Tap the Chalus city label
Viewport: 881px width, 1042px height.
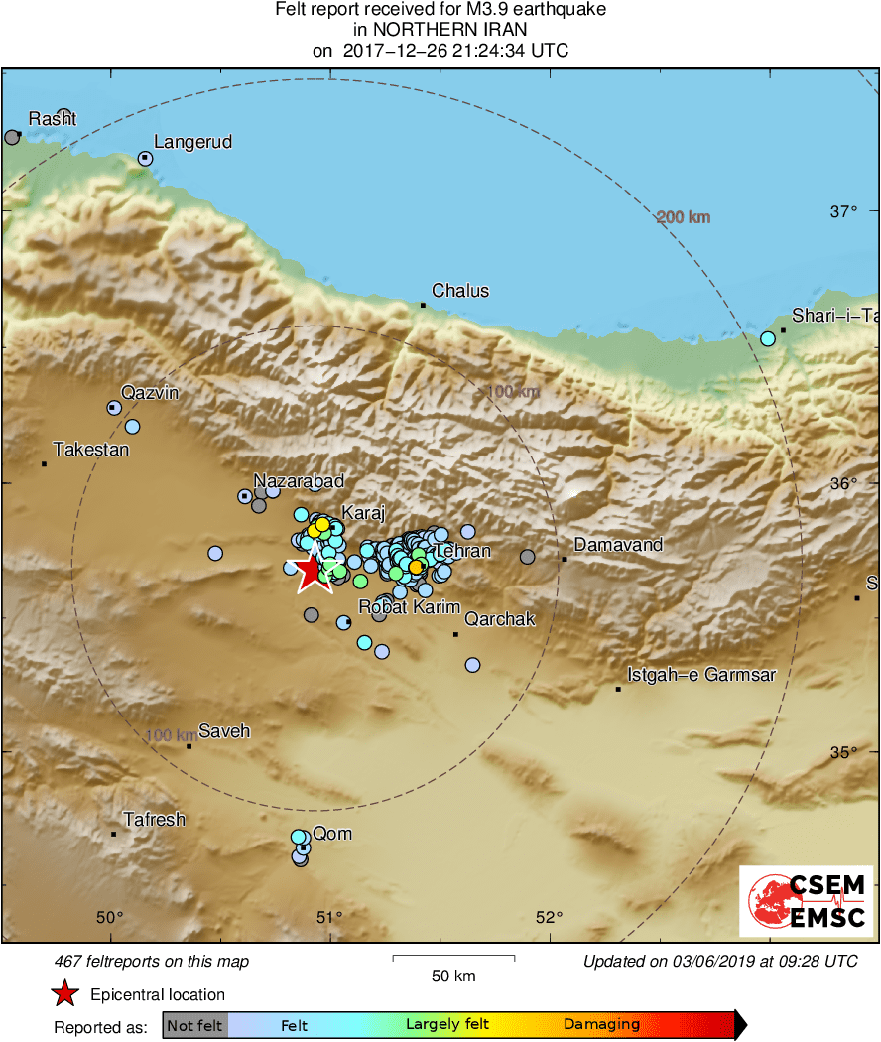click(x=460, y=291)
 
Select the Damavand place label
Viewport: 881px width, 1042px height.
click(x=619, y=545)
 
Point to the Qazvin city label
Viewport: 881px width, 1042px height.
click(x=150, y=392)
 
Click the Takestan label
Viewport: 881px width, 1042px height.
click(x=91, y=450)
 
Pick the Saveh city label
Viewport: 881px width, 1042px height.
click(x=224, y=731)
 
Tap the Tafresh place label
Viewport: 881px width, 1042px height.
click(x=154, y=820)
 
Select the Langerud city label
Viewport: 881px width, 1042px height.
click(x=192, y=142)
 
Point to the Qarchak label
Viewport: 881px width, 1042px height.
click(x=500, y=619)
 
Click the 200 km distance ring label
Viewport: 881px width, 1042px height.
click(x=684, y=217)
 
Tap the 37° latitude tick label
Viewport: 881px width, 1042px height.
click(x=843, y=211)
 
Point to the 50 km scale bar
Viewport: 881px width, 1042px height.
click(x=453, y=958)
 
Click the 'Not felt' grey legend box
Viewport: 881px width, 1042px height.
click(x=194, y=1025)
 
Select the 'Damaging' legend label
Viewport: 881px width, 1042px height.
click(x=601, y=1025)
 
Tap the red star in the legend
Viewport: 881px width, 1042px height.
click(x=65, y=994)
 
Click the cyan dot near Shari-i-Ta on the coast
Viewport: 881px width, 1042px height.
click(x=767, y=339)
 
